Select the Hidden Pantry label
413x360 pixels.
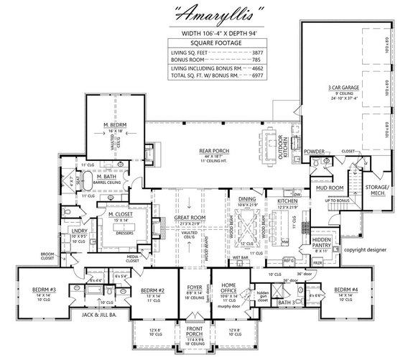(x=322, y=239)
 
